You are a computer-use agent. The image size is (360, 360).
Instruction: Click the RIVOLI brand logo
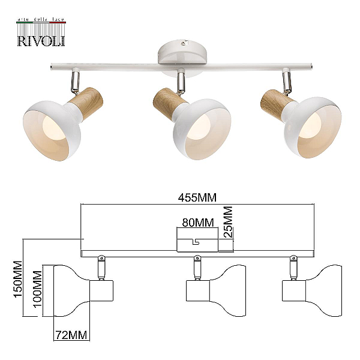tap(41, 32)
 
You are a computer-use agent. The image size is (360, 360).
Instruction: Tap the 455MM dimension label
tap(197, 197)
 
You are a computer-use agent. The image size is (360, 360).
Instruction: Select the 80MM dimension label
tap(197, 223)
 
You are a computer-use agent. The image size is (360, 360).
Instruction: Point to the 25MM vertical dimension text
tap(228, 222)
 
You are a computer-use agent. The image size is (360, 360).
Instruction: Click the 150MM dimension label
tap(18, 280)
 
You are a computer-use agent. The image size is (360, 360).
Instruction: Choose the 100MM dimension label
tap(37, 289)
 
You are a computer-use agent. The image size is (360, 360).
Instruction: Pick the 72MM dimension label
tap(71, 335)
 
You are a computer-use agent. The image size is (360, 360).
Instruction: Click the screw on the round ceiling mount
tap(182, 43)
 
